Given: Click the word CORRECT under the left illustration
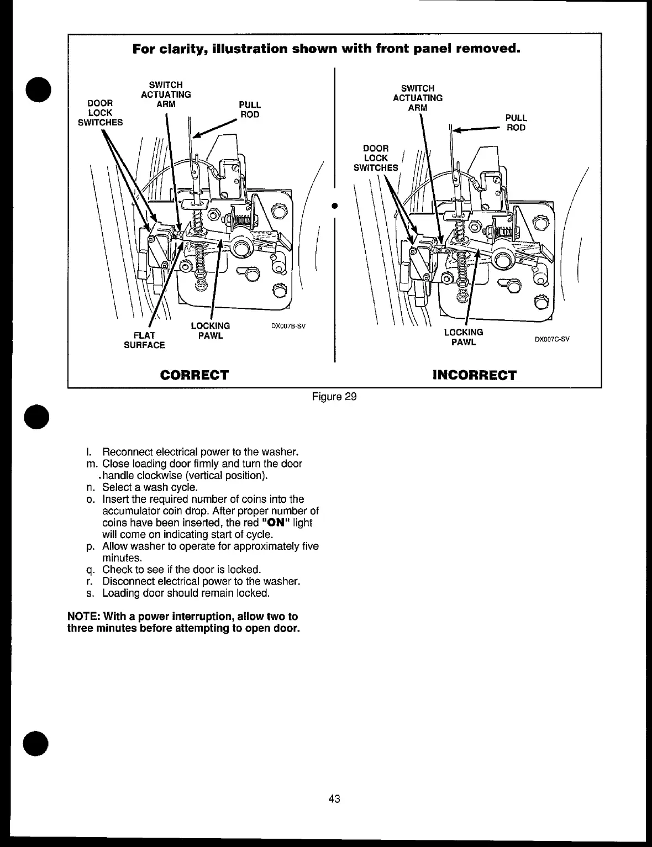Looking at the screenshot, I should pos(194,375).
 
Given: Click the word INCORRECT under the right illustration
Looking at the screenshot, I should pos(475,376).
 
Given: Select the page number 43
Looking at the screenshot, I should pos(334,798).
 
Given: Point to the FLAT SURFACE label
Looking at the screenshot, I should pos(144,340).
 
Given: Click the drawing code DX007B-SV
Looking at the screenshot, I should pos(288,326).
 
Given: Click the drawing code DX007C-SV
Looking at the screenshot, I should pos(551,339).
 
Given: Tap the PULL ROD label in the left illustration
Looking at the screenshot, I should pos(249,109).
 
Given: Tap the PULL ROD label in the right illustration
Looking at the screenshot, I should pos(516,123).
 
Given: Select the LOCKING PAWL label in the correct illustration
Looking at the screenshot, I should pos(210,330).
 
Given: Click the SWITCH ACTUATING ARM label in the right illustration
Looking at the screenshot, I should pos(418,98).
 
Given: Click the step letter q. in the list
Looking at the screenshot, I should pos(91,570).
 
